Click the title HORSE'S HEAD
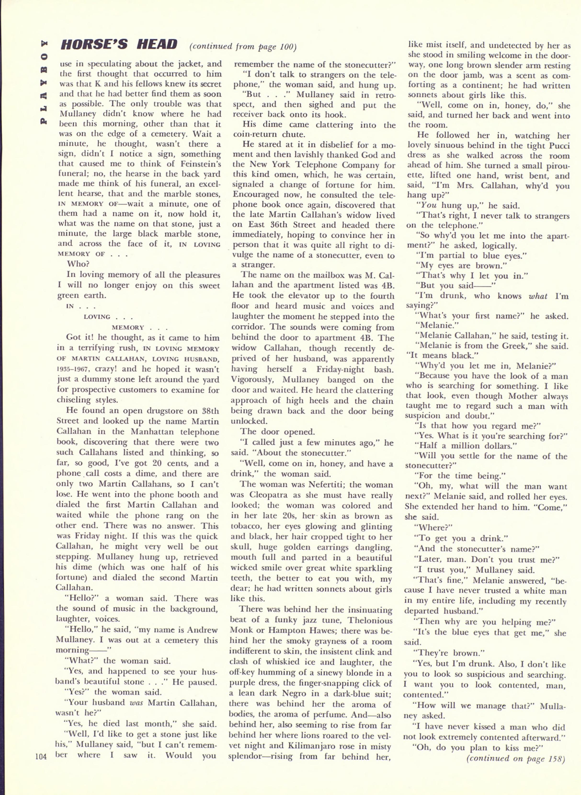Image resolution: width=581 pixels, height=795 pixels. (x=119, y=45)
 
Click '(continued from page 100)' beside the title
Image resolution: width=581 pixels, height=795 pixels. (x=243, y=47)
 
